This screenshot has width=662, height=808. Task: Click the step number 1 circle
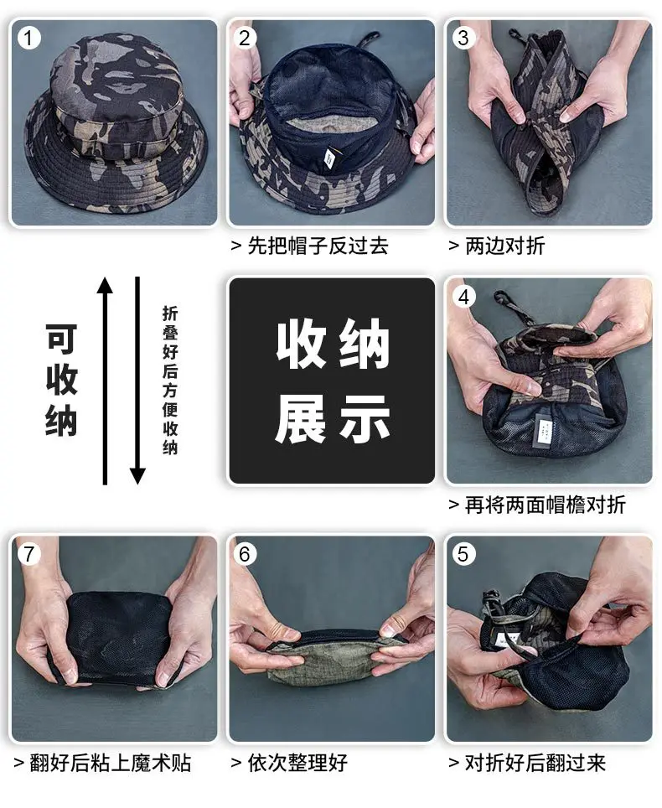click(x=28, y=38)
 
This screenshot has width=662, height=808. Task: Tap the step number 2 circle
click(x=245, y=38)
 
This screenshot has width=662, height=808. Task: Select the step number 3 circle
click(x=463, y=38)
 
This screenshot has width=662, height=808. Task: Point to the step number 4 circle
click(x=463, y=298)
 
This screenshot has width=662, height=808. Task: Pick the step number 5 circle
click(x=463, y=555)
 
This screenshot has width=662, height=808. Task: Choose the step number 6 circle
click(x=245, y=555)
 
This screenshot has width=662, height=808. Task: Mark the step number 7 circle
click(x=28, y=555)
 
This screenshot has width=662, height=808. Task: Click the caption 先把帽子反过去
click(x=318, y=246)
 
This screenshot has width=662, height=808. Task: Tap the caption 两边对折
click(x=504, y=246)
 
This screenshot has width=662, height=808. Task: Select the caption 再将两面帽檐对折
click(x=545, y=505)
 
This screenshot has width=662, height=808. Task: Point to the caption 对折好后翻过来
click(x=535, y=764)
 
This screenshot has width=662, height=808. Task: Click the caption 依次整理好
click(x=297, y=764)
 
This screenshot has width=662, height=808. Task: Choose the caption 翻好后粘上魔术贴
click(x=111, y=764)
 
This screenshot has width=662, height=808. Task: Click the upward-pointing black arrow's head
click(x=105, y=286)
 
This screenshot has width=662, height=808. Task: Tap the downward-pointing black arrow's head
click(x=137, y=476)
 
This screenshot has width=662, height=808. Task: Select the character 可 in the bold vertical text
click(x=61, y=339)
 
